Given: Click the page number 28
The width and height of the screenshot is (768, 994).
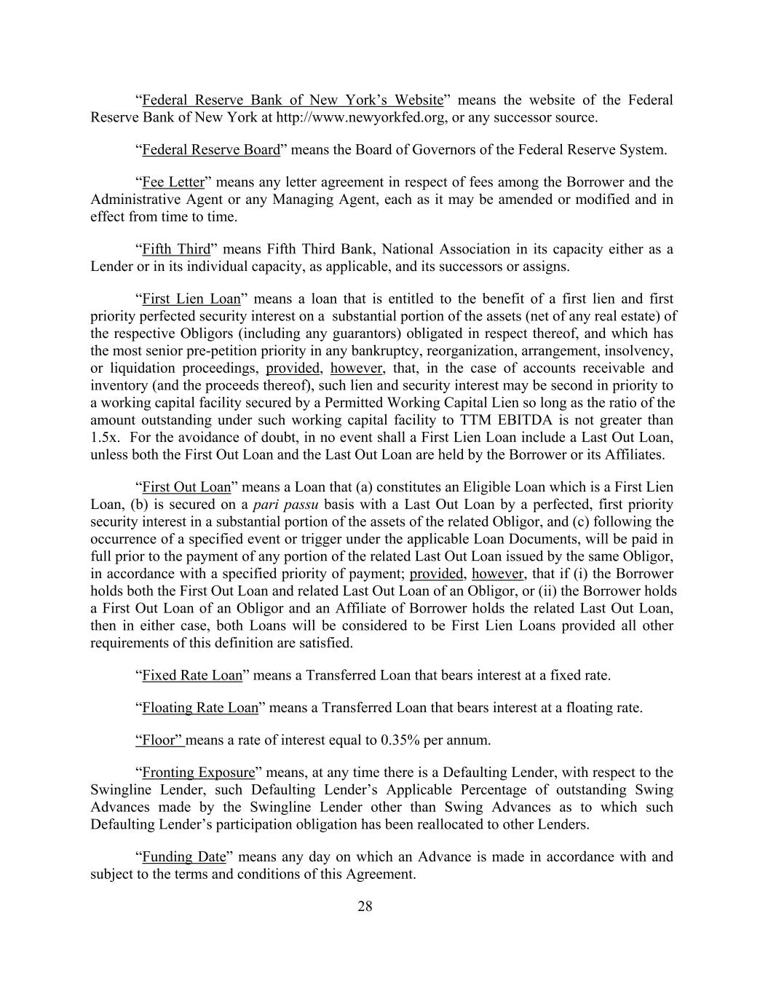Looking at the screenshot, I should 365,907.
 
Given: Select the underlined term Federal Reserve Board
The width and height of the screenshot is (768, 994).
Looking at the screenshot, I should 210,150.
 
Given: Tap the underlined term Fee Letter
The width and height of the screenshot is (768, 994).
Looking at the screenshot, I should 173,182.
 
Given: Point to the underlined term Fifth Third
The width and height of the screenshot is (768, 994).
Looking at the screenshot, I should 175,250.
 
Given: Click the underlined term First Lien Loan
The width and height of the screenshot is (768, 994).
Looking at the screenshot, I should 191,299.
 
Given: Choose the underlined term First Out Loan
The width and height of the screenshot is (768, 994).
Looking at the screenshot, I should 186,487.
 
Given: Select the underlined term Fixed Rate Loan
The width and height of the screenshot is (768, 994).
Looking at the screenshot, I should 191,676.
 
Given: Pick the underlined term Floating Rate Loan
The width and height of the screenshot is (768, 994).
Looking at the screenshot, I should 199,708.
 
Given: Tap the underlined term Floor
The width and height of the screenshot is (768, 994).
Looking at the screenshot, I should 160,741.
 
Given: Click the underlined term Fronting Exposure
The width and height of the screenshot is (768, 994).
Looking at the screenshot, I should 198,773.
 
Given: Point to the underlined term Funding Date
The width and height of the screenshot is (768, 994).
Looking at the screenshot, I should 183,857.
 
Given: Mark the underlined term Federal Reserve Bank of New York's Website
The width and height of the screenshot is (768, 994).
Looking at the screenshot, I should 292,100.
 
